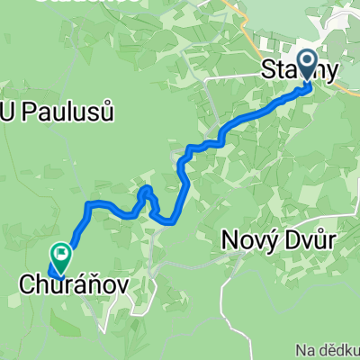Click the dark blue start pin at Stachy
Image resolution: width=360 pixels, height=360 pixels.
point(307,65)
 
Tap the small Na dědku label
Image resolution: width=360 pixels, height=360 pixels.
point(328,346)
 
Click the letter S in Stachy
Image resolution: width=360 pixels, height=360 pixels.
point(267,72)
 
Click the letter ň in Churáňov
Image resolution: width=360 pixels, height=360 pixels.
point(92,284)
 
